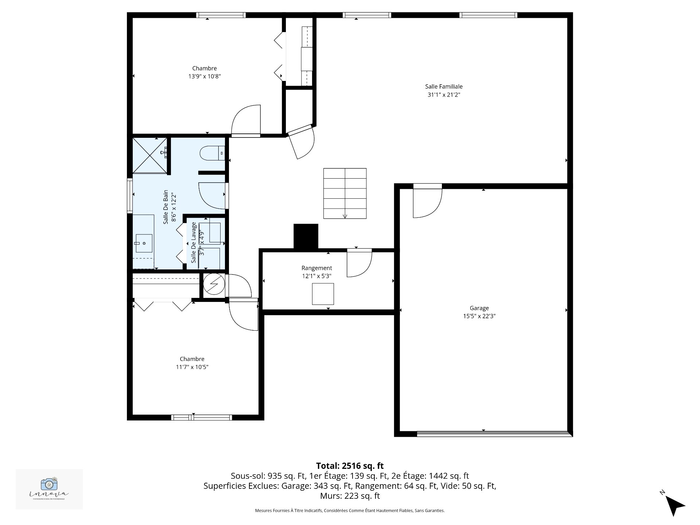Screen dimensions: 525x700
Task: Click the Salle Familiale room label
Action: point(443,87)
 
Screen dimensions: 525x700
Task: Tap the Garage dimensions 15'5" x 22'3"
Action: point(479,316)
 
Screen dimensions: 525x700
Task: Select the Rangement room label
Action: point(316,268)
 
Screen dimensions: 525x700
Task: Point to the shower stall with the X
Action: point(149,155)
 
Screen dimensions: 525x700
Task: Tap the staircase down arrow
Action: point(345,215)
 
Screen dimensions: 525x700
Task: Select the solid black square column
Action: point(306,236)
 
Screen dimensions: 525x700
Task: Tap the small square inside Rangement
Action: point(323,294)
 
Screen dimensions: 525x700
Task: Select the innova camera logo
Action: point(49,484)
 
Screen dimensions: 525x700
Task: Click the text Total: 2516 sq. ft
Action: point(350,466)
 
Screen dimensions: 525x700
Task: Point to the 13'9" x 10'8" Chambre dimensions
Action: point(205,77)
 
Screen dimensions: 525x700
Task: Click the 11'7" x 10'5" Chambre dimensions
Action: point(192,367)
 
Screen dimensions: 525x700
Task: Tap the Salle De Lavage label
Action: point(194,242)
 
